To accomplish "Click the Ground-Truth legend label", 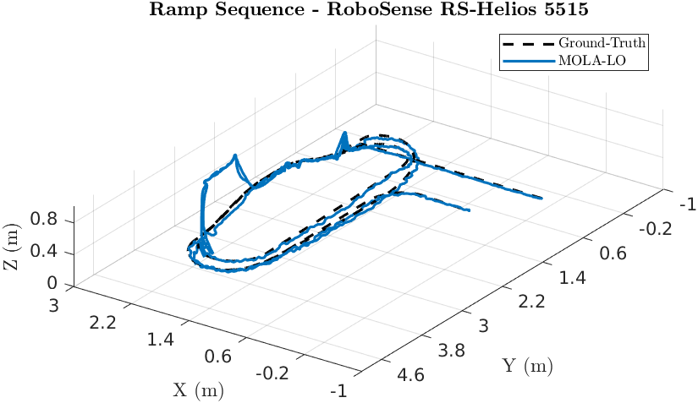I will pyautogui.click(x=603, y=43).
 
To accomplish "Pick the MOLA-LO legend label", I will pyautogui.click(x=590, y=60).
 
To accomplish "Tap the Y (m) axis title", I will pyautogui.click(x=527, y=366).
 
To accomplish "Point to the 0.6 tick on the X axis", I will pyautogui.click(x=217, y=357).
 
